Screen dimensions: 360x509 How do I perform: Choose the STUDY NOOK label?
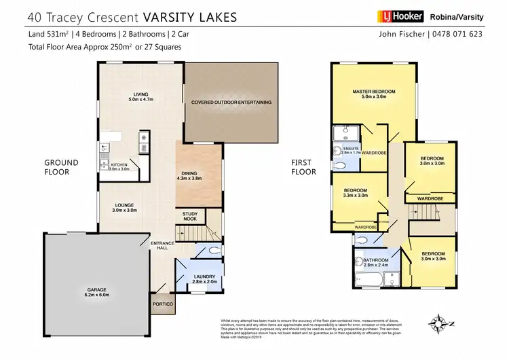point(190,217)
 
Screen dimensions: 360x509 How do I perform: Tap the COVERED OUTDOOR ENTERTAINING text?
point(232,103)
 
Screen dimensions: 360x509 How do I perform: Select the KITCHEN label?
point(119,165)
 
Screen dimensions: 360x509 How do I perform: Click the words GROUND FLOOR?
point(61,167)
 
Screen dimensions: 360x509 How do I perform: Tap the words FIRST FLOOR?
point(304,167)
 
